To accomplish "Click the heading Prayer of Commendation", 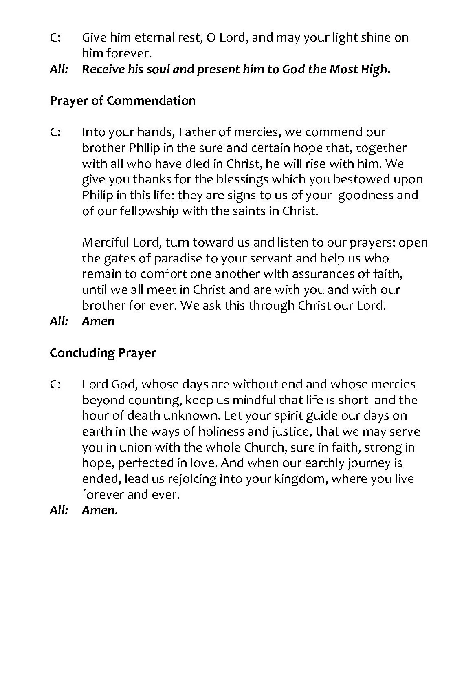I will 122,101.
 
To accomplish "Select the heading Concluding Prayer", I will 103,352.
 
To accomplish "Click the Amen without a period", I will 98,321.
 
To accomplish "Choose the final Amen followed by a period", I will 100,510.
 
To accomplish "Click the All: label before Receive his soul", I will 59,69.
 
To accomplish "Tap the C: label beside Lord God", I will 55,384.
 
